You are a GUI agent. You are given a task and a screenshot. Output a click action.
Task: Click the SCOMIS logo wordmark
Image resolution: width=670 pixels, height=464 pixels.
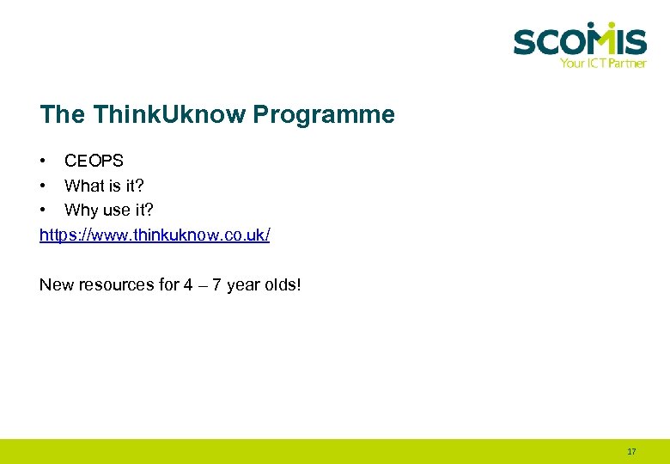[579, 41]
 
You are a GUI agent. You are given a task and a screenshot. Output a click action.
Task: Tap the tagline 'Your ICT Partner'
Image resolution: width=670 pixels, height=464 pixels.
[602, 63]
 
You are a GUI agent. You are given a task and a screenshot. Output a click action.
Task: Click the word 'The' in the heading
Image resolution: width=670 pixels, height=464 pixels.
[62, 114]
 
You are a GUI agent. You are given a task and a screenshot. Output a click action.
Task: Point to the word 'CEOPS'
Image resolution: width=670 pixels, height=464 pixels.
[94, 161]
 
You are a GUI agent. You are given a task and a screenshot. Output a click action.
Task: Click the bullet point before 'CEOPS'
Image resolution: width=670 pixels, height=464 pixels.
[43, 161]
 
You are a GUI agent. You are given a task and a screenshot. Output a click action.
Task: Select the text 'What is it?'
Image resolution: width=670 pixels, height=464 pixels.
[104, 186]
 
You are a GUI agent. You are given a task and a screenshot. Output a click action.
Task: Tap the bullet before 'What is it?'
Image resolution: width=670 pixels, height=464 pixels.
[43, 186]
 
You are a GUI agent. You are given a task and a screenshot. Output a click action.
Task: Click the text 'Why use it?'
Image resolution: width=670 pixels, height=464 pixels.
[109, 210]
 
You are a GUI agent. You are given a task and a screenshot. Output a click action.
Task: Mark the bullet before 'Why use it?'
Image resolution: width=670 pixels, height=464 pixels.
[43, 210]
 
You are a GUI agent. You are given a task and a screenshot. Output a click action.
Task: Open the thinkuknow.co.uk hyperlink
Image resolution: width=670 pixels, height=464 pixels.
[155, 235]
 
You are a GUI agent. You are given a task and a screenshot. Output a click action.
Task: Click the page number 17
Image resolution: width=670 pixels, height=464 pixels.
[631, 451]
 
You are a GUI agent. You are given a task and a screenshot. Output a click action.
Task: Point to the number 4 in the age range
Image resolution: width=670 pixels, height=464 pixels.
[188, 284]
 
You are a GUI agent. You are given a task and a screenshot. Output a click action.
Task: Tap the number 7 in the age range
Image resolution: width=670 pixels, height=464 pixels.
[217, 284]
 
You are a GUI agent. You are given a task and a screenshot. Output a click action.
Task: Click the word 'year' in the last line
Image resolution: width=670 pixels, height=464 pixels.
[243, 284]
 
